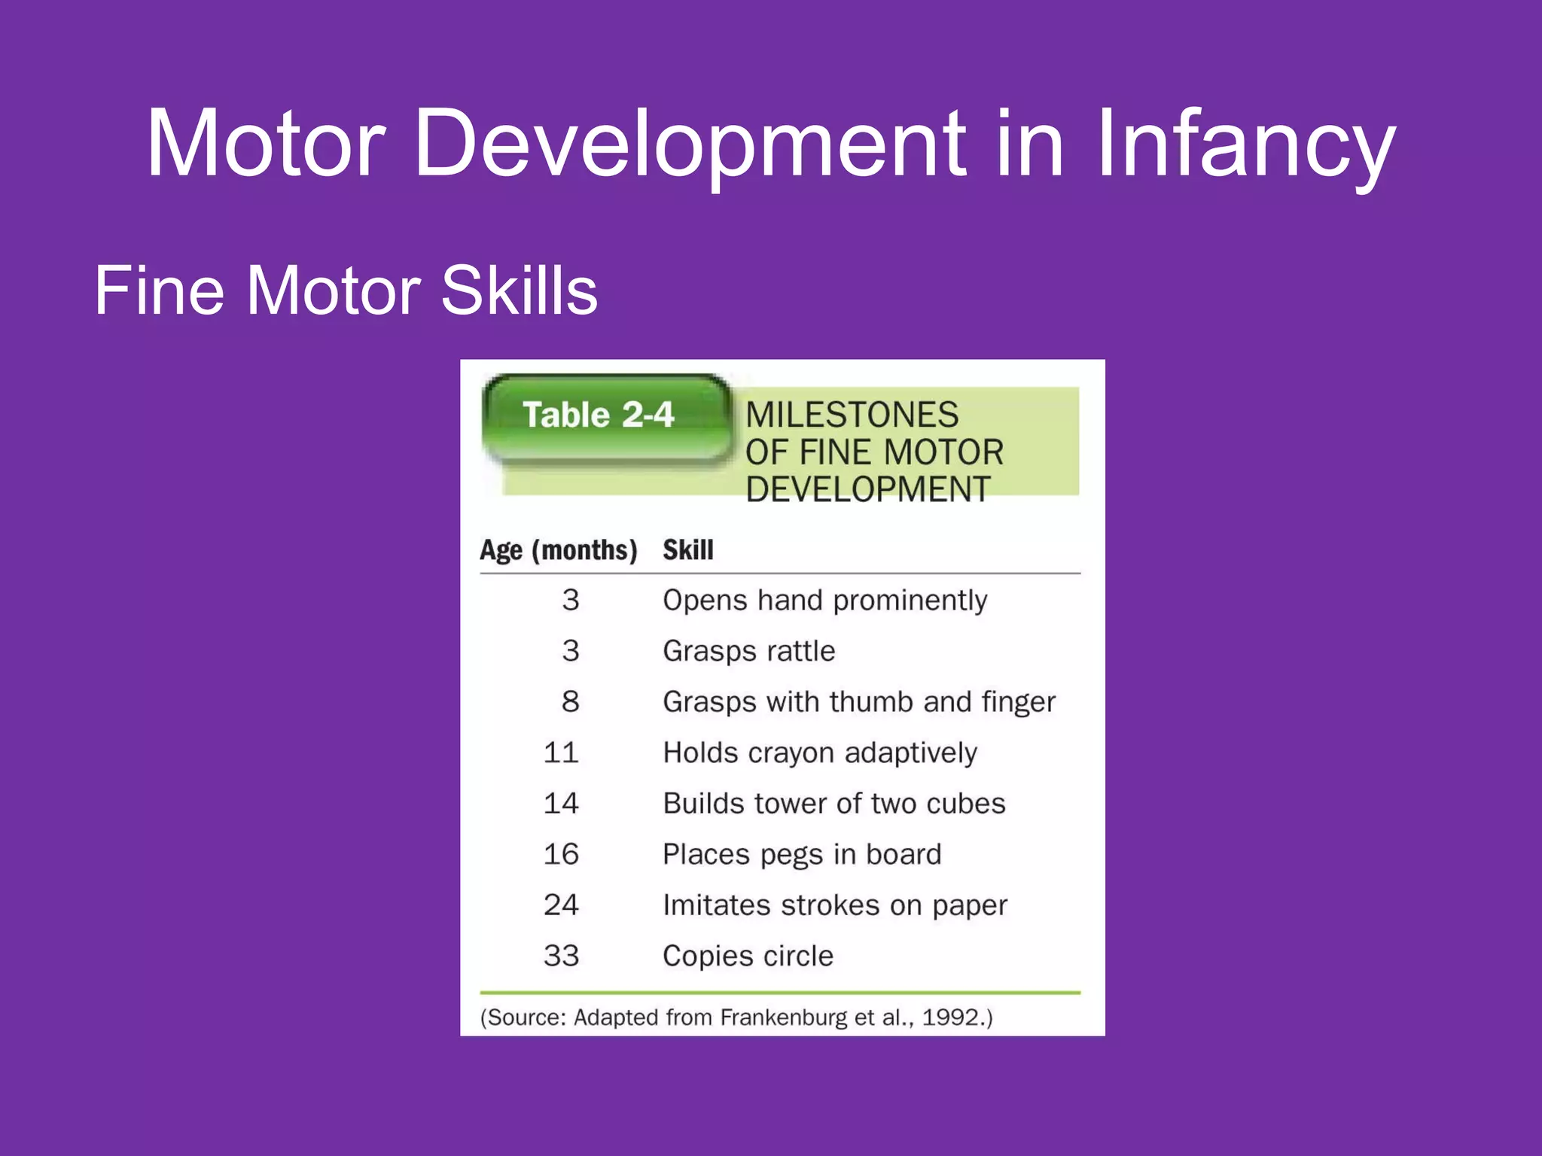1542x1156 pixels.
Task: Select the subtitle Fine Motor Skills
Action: [x=346, y=291]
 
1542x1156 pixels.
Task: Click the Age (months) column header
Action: [x=559, y=550]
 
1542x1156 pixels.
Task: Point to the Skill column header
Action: [x=687, y=550]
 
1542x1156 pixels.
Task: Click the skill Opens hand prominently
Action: [x=824, y=601]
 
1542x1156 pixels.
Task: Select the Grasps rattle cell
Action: [x=748, y=651]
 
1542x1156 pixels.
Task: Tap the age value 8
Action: [x=570, y=701]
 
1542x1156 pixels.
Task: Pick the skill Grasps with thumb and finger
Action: [x=858, y=701]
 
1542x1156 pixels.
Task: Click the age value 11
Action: [x=561, y=753]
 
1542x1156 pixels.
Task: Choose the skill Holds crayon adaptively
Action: [x=819, y=753]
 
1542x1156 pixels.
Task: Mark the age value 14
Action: [x=561, y=803]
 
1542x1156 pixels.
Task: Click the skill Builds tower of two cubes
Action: [x=833, y=803]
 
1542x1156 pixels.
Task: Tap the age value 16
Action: [x=561, y=854]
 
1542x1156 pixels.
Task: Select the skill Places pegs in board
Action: [x=801, y=854]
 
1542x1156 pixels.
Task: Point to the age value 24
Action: [x=561, y=905]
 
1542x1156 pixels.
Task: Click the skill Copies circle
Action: [x=748, y=956]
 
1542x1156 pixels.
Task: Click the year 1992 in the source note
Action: [x=951, y=1018]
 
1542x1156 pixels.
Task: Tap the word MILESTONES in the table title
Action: [x=852, y=415]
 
